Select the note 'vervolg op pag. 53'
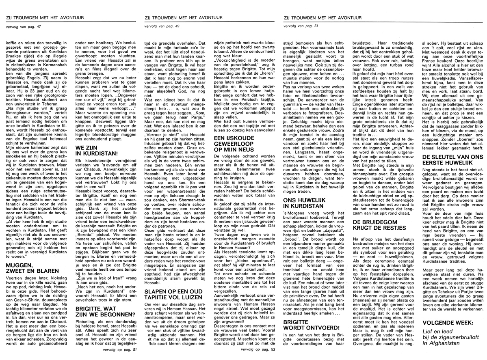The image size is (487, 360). pos(255,348)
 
